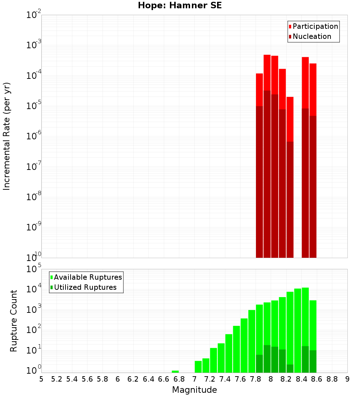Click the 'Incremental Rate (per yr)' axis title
pyautogui.click(x=7, y=136)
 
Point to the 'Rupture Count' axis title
pyautogui.click(x=14, y=320)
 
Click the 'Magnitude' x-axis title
pyautogui.click(x=194, y=390)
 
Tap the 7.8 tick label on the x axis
pyautogui.click(x=256, y=379)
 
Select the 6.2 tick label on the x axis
pyautogui.click(x=133, y=379)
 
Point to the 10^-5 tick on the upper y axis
pyautogui.click(x=34, y=106)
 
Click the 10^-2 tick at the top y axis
pyautogui.click(x=34, y=15)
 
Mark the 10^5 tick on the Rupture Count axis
pyautogui.click(x=34, y=269)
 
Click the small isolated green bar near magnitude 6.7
pyautogui.click(x=175, y=372)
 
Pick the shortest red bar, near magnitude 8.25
pyautogui.click(x=290, y=119)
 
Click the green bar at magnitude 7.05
pyautogui.click(x=198, y=366)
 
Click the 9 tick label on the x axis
pyautogui.click(x=347, y=379)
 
